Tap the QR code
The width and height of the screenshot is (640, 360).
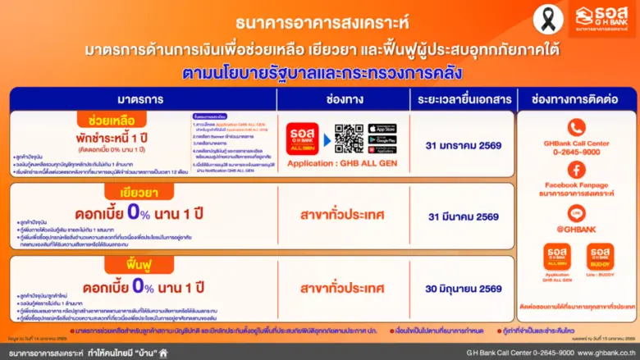[x=349, y=139]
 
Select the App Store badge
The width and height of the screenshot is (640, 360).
[x=382, y=129]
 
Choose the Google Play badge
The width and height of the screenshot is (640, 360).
[x=382, y=139]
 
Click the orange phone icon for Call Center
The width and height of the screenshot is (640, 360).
[x=576, y=127]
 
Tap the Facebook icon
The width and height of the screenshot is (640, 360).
[x=576, y=170]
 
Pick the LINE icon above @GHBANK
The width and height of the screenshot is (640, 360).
[x=576, y=212]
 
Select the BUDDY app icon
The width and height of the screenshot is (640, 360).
[x=601, y=257]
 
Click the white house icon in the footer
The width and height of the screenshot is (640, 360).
[x=163, y=353]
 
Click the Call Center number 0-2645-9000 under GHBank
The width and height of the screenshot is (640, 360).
[x=576, y=151]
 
